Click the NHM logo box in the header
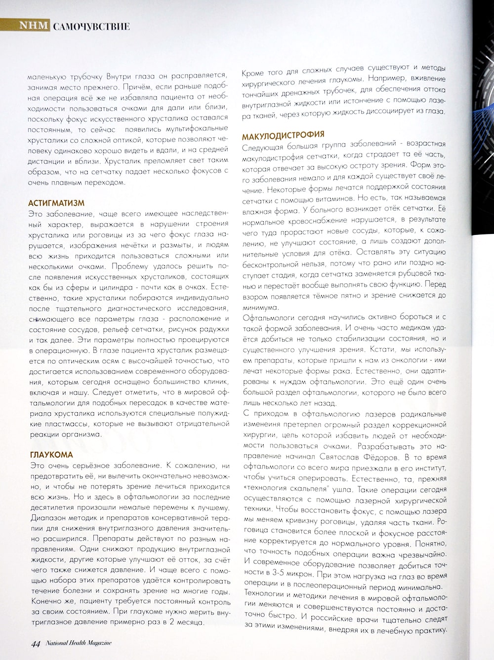[x=34, y=26]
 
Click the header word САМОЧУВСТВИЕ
[x=91, y=26]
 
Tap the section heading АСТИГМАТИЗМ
[x=56, y=203]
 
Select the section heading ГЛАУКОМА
[x=51, y=454]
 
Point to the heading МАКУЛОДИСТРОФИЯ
[x=283, y=134]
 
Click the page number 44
[x=35, y=644]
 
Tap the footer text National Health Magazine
[x=79, y=643]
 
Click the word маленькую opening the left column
[x=49, y=77]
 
